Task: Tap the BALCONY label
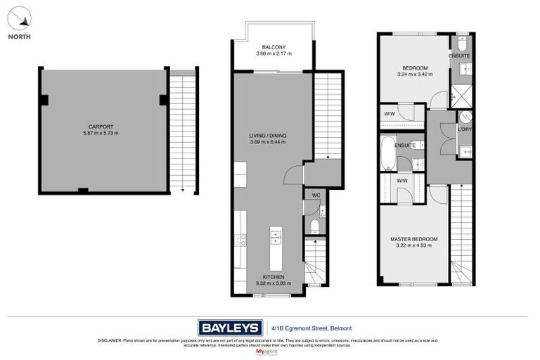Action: tap(273, 47)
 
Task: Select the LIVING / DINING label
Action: tap(273, 136)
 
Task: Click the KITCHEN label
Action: tap(273, 277)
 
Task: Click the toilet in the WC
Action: tap(314, 225)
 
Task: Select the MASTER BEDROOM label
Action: tap(413, 240)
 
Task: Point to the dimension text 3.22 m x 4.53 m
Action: tap(413, 246)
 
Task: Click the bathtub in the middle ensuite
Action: tap(387, 154)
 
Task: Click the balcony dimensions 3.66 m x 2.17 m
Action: tap(273, 53)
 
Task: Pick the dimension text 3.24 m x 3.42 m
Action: tap(413, 74)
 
